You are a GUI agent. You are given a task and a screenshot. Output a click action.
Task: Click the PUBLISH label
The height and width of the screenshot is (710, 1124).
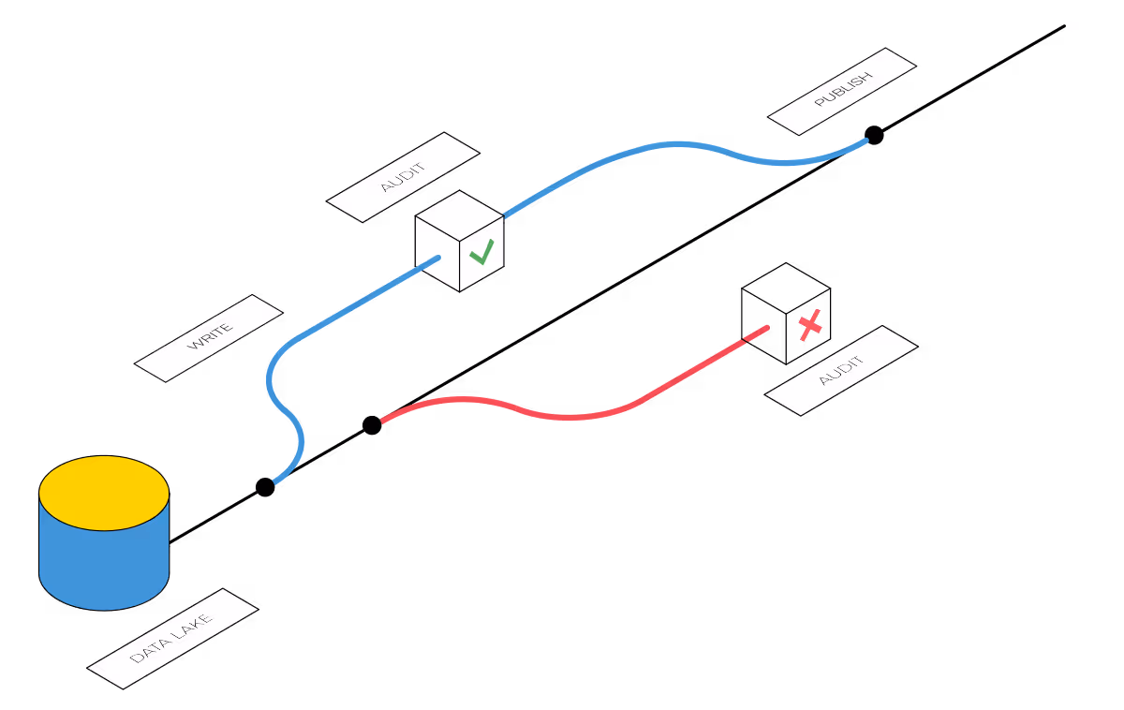pyautogui.click(x=842, y=91)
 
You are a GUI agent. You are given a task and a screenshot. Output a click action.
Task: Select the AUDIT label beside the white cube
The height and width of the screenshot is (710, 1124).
pyautogui.click(x=403, y=177)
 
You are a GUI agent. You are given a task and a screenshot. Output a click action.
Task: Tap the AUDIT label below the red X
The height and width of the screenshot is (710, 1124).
pyautogui.click(x=841, y=371)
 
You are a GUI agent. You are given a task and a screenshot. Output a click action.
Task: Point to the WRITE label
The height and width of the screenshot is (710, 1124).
pyautogui.click(x=209, y=338)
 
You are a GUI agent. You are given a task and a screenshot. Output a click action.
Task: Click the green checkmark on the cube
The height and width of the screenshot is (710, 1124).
pyautogui.click(x=481, y=252)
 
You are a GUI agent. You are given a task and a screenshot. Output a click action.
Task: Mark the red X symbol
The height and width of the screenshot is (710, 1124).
pyautogui.click(x=810, y=325)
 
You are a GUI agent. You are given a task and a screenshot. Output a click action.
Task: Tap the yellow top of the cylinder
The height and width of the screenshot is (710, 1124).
pyautogui.click(x=104, y=493)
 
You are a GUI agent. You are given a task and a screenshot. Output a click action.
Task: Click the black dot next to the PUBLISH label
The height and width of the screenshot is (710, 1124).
pyautogui.click(x=874, y=135)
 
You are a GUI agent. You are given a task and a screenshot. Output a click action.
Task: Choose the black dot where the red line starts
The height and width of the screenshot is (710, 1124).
pyautogui.click(x=372, y=425)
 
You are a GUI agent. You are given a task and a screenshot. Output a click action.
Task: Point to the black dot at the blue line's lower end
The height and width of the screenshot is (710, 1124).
pyautogui.click(x=265, y=487)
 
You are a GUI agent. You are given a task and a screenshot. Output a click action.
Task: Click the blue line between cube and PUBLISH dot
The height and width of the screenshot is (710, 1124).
pyautogui.click(x=674, y=144)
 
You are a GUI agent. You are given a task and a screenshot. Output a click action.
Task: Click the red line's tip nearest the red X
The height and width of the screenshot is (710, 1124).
pyautogui.click(x=765, y=328)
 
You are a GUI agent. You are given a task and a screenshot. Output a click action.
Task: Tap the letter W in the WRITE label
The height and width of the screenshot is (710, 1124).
pyautogui.click(x=194, y=347)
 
